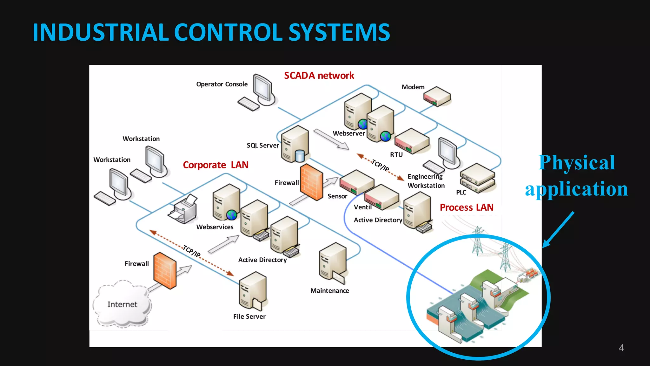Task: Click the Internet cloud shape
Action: pos(122,304)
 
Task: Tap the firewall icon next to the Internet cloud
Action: pos(165,271)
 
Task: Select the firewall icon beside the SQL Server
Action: pos(311,182)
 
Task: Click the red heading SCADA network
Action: pos(319,76)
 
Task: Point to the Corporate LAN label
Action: pos(216,165)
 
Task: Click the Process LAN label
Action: pos(466,207)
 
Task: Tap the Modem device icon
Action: pos(437,96)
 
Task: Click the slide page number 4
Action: pos(621,348)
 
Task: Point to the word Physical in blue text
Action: pos(577,163)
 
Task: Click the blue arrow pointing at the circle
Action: pos(559,230)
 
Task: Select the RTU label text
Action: pos(396,155)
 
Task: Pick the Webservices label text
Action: pos(215,227)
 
